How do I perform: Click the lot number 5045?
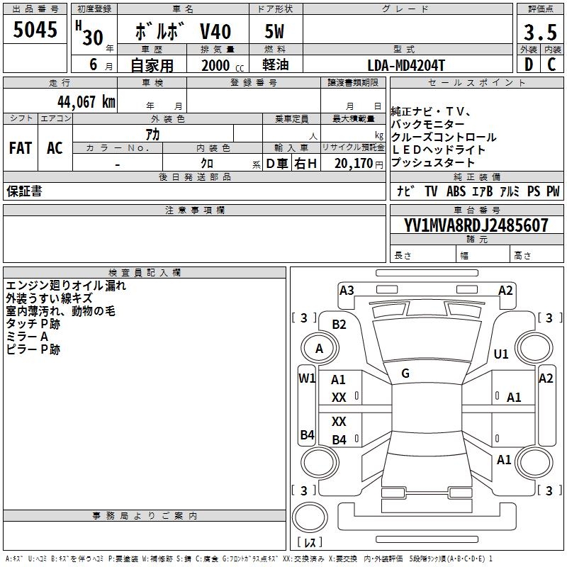(x=35, y=30)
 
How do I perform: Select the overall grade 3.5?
(x=540, y=33)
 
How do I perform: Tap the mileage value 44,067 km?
(x=86, y=101)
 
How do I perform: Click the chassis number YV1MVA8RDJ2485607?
(x=476, y=225)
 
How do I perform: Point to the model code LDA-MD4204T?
(x=406, y=65)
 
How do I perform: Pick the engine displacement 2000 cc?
(x=223, y=65)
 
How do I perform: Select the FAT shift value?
(x=21, y=148)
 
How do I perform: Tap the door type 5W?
(x=274, y=31)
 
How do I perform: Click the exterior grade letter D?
(x=529, y=64)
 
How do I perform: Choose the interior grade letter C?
(x=551, y=64)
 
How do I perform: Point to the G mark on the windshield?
(x=405, y=374)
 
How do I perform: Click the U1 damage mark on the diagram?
(x=501, y=354)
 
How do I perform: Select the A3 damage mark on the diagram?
(x=347, y=291)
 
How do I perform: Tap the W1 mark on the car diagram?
(x=307, y=378)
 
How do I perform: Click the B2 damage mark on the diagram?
(x=339, y=325)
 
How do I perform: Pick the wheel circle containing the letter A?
(x=320, y=349)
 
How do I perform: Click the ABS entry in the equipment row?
(x=456, y=191)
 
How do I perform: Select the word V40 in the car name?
(x=215, y=31)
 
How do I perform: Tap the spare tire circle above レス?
(x=310, y=517)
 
